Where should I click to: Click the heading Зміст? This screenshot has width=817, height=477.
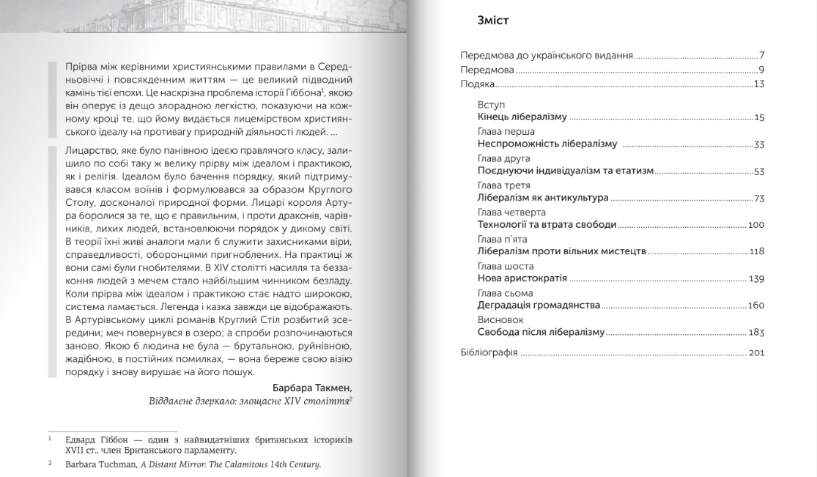pyautogui.click(x=492, y=21)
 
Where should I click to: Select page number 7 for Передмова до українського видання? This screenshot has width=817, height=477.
pyautogui.click(x=762, y=56)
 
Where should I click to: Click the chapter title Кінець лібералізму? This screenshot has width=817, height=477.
pyautogui.click(x=522, y=117)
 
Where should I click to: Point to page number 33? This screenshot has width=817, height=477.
pyautogui.click(x=759, y=144)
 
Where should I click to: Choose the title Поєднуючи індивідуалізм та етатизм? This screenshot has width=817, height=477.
pyautogui.click(x=565, y=171)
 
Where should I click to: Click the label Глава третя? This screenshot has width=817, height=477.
pyautogui.click(x=503, y=186)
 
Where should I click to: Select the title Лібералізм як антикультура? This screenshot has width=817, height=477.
pyautogui.click(x=543, y=198)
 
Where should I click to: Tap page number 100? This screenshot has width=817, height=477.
pyautogui.click(x=756, y=225)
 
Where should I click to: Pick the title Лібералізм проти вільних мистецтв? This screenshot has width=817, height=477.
pyautogui.click(x=562, y=251)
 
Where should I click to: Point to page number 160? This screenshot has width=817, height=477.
pyautogui.click(x=756, y=306)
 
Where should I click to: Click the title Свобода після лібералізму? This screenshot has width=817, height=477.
pyautogui.click(x=541, y=332)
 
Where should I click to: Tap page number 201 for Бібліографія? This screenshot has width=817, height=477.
pyautogui.click(x=757, y=353)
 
